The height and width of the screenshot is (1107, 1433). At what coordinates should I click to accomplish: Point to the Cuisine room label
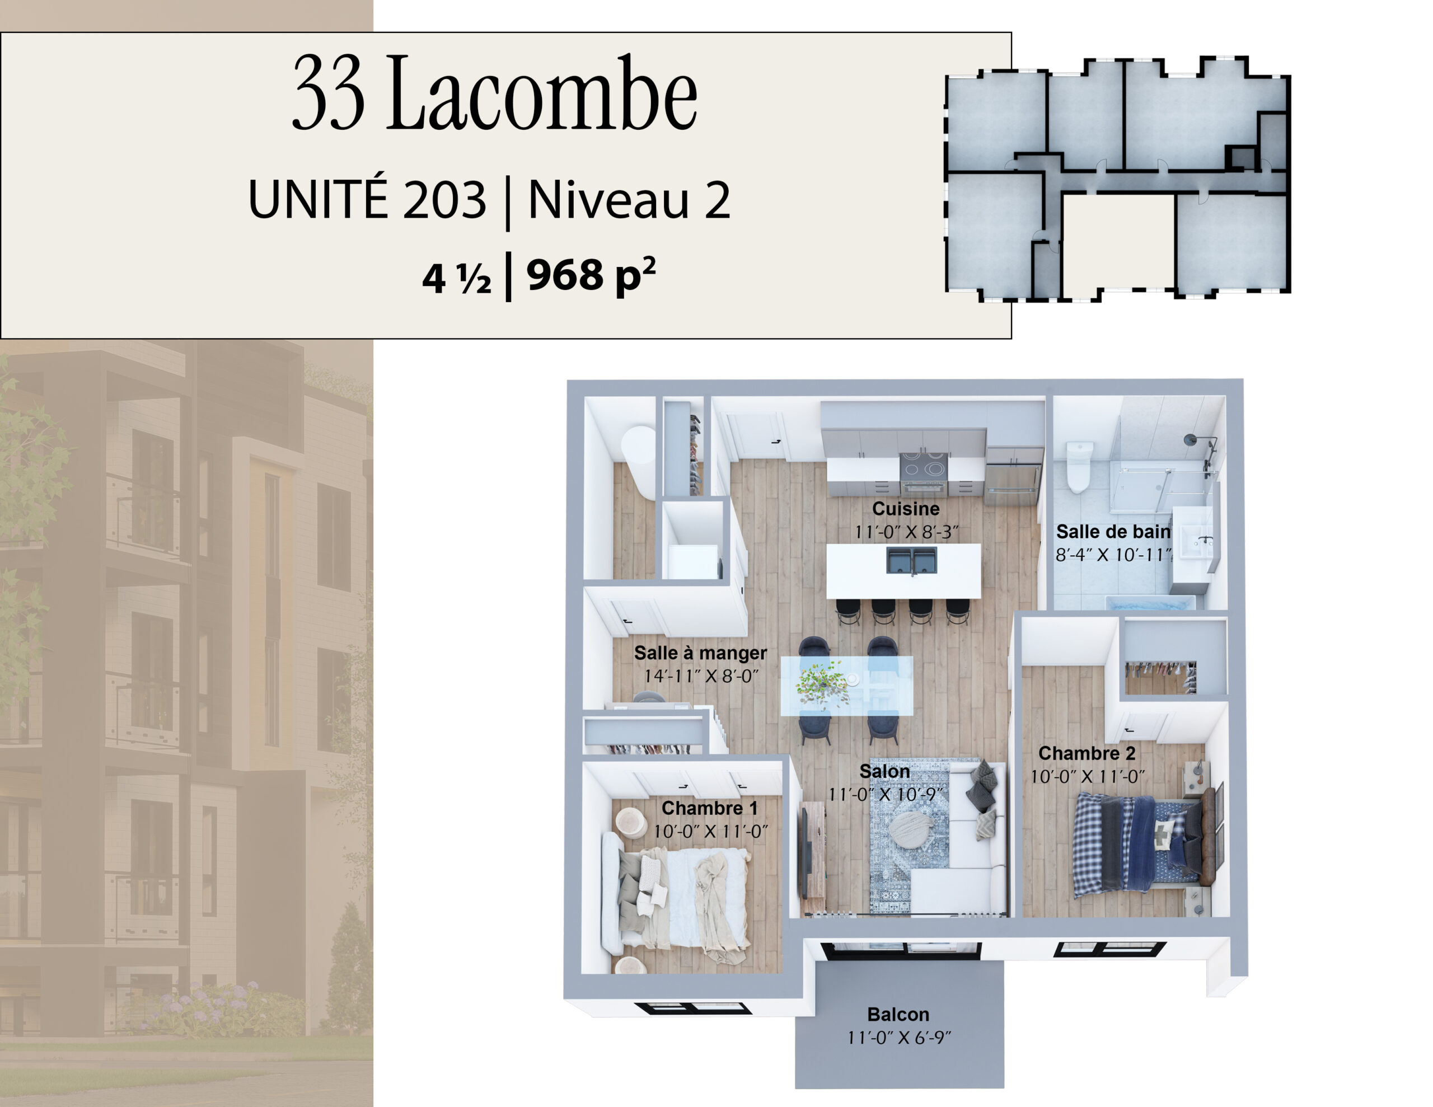click(906, 509)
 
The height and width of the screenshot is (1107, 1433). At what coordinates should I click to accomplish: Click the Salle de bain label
click(1113, 532)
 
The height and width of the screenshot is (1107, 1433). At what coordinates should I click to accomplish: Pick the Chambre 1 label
click(709, 808)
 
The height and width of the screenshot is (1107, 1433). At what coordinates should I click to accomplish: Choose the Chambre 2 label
click(1087, 753)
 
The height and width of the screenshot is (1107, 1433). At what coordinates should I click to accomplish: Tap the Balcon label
click(898, 1015)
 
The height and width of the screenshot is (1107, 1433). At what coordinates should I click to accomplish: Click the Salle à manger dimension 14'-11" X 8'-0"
click(701, 676)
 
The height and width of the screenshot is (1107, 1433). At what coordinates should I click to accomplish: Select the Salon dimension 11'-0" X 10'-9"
click(885, 795)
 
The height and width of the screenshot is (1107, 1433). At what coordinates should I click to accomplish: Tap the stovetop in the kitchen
click(924, 465)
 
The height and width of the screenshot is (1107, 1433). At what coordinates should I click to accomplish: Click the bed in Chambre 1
click(676, 898)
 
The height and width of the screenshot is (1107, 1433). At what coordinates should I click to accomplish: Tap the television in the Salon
click(803, 853)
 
